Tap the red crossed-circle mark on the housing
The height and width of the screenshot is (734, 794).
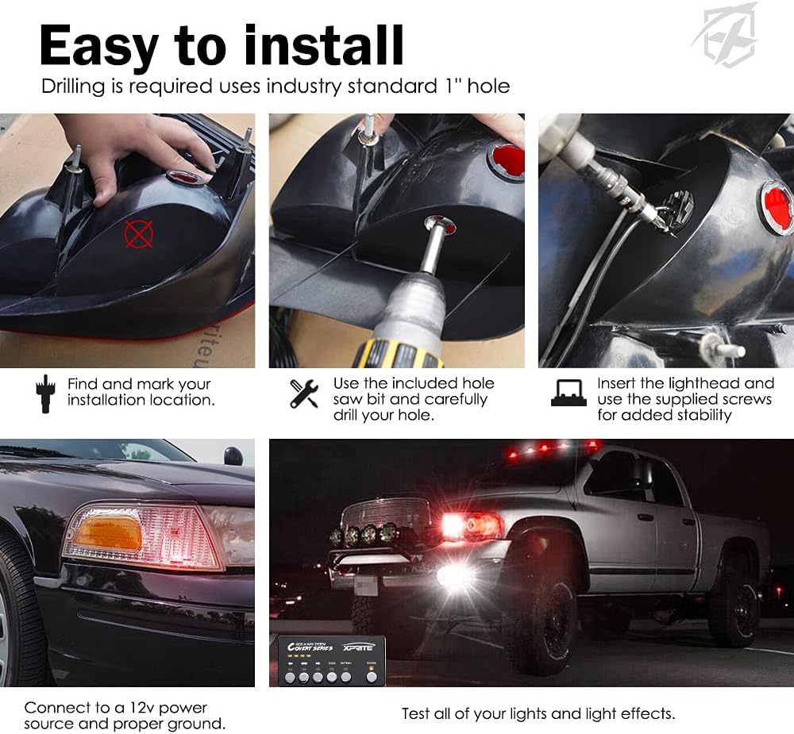click(138, 234)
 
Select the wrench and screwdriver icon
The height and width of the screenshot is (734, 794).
click(304, 394)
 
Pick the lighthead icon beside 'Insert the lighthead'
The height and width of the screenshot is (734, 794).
click(569, 392)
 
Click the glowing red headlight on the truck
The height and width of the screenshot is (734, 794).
click(468, 525)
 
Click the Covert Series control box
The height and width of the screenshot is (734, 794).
click(332, 659)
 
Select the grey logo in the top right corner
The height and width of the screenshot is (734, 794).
click(723, 36)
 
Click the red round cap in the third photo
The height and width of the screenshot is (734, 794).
click(776, 208)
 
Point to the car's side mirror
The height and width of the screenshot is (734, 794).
click(233, 456)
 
